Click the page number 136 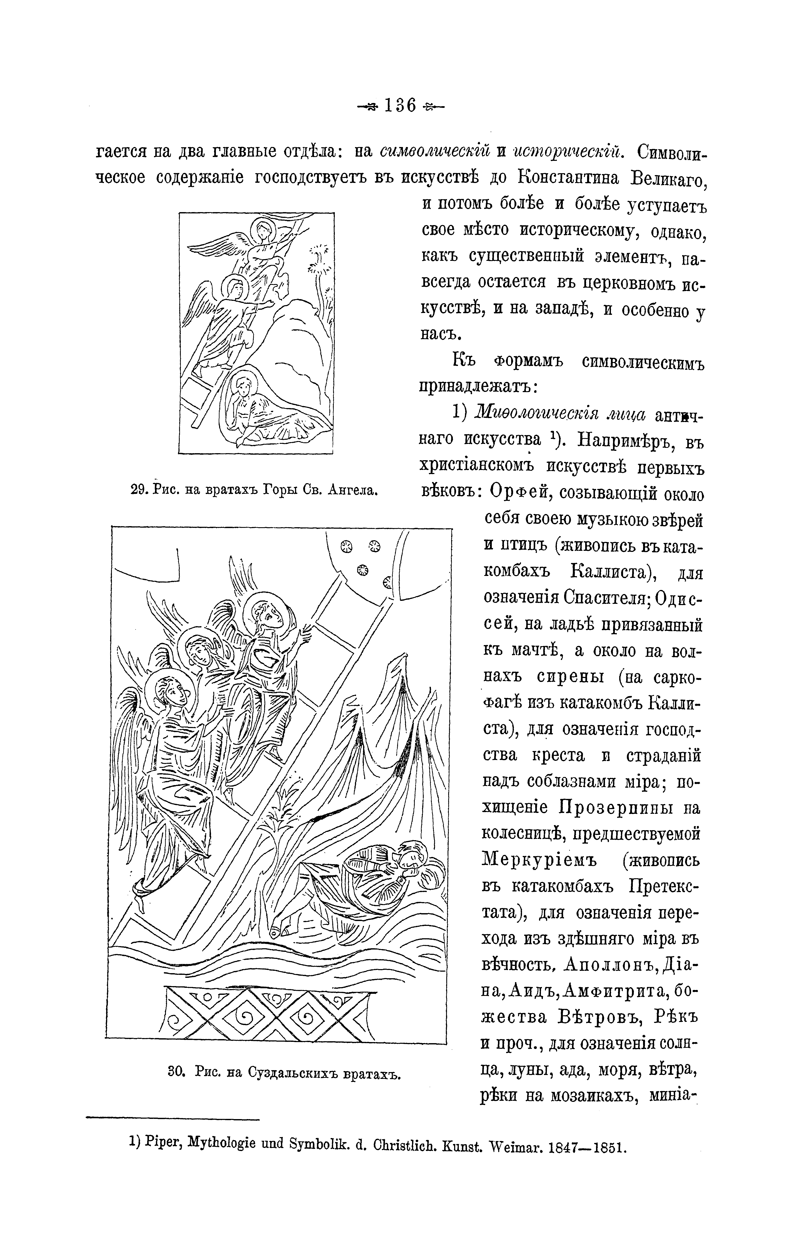click(401, 106)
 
